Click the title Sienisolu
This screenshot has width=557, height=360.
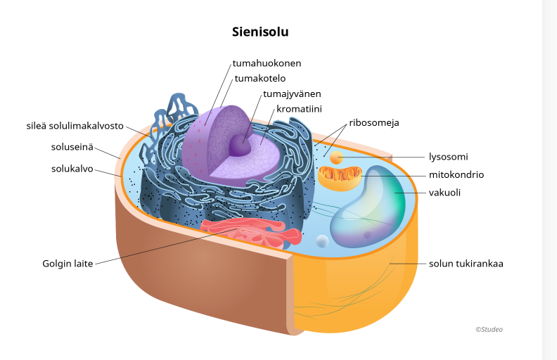point(260,32)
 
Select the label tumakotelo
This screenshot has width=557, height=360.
point(260,79)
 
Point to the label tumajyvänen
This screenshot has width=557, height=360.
point(292,94)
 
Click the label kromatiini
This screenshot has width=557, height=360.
point(299,109)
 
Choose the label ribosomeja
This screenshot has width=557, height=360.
point(374,122)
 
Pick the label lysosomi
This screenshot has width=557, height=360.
point(449,157)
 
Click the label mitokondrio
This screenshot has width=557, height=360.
point(456,174)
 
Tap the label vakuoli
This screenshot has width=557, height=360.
point(444,192)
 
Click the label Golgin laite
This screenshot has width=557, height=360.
point(68,264)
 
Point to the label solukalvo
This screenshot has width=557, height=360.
point(72,169)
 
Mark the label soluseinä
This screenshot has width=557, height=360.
point(72,148)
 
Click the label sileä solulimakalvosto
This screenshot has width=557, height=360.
point(75,127)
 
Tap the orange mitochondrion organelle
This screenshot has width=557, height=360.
point(339,177)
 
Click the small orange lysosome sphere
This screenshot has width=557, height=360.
point(337,157)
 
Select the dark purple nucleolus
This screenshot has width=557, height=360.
point(238,144)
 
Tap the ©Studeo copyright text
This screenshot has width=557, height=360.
point(489,329)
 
